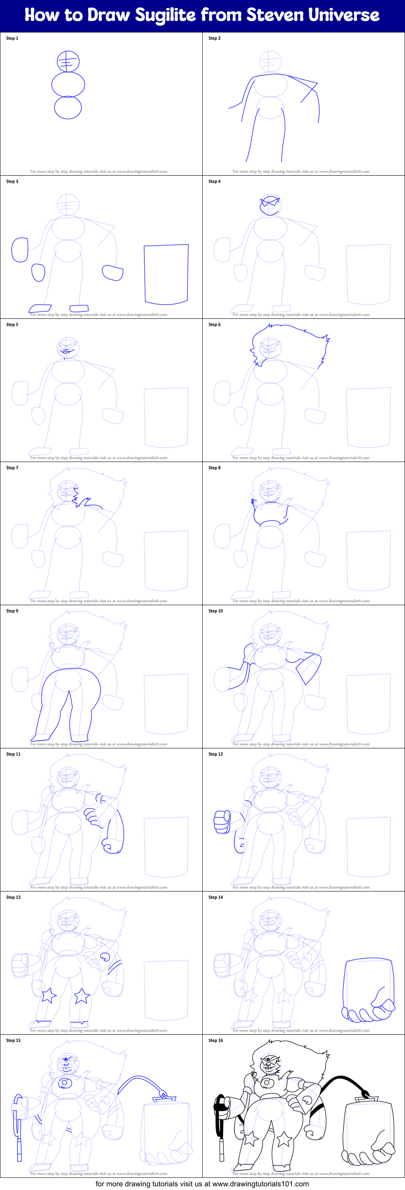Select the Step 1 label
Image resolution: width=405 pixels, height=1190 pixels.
(12, 39)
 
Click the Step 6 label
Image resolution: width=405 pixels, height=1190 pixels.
(214, 325)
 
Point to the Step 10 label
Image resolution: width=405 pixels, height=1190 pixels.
(216, 611)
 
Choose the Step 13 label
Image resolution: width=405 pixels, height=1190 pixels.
(13, 897)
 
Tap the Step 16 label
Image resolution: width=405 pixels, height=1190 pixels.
(216, 1040)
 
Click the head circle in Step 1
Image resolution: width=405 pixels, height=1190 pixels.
(68, 61)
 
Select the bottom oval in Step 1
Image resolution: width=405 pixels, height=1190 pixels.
(68, 107)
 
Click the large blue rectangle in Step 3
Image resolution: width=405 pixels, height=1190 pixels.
(166, 274)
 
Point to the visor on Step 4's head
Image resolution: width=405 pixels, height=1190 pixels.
(270, 202)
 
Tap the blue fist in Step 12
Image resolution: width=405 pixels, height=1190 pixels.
(222, 821)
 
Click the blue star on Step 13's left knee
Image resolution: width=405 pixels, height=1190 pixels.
(47, 995)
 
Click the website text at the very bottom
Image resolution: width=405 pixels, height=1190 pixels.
(202, 1184)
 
